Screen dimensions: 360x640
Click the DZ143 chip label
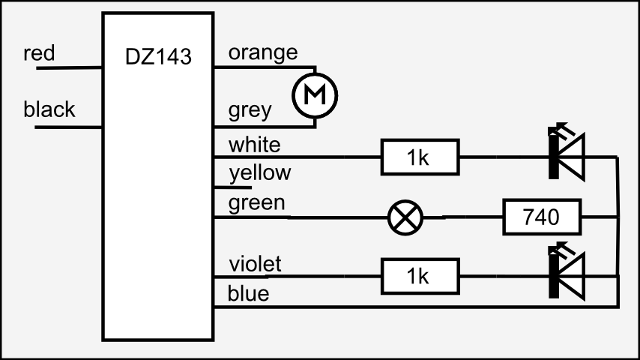tap(158, 56)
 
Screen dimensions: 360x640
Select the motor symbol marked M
tap(315, 95)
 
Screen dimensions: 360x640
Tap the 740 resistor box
tap(541, 217)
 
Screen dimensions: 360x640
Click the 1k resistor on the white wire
tap(419, 157)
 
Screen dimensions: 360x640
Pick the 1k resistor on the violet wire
tap(419, 276)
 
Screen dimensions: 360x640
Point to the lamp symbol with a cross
tap(405, 218)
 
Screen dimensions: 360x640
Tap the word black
tap(49, 109)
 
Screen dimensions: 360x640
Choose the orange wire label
tap(263, 52)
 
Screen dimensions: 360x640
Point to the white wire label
tap(255, 143)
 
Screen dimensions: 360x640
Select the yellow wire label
tap(260, 173)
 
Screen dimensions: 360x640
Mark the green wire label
tap(257, 202)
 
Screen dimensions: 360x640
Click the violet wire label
tap(256, 263)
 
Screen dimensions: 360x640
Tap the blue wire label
tap(249, 293)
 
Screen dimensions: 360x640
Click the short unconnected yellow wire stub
tap(232, 187)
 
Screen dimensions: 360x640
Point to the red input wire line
tap(67, 67)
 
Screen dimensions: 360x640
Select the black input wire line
tap(67, 127)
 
